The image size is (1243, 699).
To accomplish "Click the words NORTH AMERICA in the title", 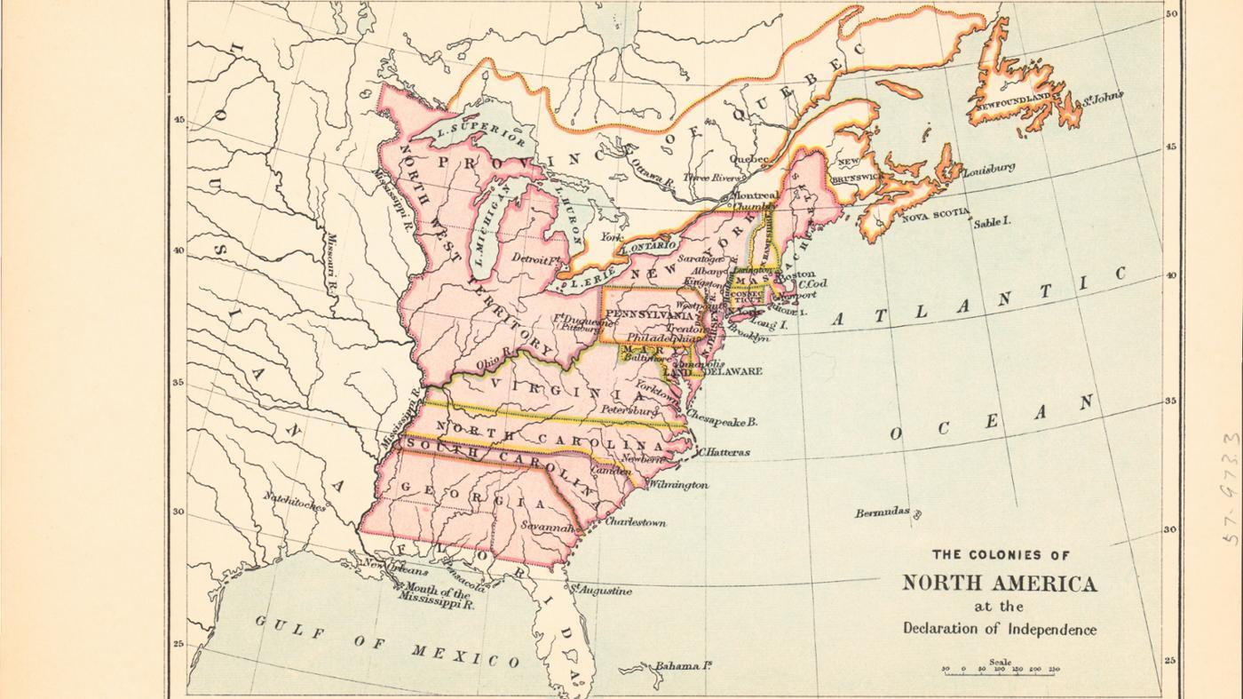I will click(x=999, y=584).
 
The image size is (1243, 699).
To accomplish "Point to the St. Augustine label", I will click(x=603, y=590).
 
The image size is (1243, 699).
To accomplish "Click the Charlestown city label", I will click(x=635, y=522).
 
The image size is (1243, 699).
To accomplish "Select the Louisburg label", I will click(x=988, y=167).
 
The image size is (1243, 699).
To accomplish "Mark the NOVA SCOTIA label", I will click(x=936, y=214).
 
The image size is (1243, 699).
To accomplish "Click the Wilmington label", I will click(x=678, y=485).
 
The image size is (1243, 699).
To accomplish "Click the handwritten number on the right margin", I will click(x=1231, y=489).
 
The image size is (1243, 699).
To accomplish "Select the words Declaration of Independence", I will click(x=999, y=629).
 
